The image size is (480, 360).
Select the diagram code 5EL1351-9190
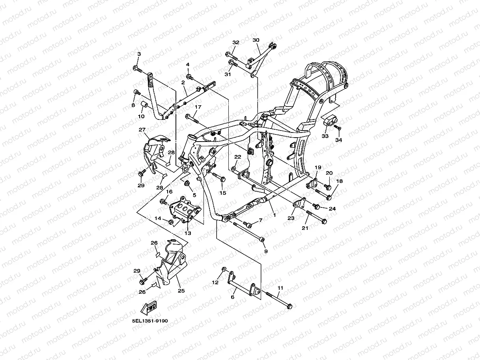(x=150, y=321)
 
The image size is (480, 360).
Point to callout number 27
(x=142, y=130)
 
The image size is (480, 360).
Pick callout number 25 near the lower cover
(x=181, y=291)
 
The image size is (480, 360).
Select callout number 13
(x=188, y=233)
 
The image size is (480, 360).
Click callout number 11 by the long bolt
(x=280, y=288)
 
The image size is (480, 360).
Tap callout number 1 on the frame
(x=275, y=216)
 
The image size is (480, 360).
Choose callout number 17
(x=198, y=107)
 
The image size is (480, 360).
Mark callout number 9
(x=265, y=251)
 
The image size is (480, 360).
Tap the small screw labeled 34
(x=339, y=128)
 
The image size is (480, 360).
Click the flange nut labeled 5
(x=187, y=183)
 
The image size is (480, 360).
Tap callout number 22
(x=237, y=157)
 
